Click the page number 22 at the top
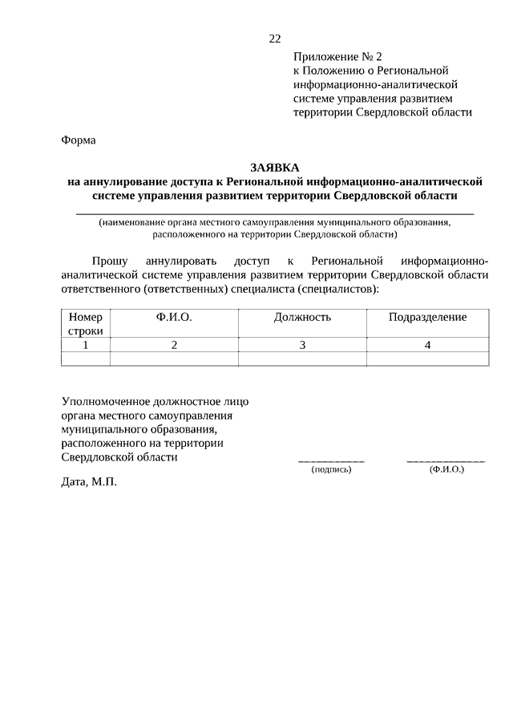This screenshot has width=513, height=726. point(275,38)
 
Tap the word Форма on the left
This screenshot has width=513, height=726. point(79,140)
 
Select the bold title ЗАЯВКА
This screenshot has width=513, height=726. point(274,168)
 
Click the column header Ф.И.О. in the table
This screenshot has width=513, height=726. point(174,317)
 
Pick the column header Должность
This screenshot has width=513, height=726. point(302,317)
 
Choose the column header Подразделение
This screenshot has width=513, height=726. point(427,317)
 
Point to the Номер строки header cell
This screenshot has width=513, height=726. point(86,323)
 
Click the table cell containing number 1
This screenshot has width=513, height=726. point(86,345)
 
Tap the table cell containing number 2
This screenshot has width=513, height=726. point(174,345)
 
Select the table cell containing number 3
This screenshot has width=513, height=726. point(302,345)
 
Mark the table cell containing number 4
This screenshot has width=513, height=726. point(427,345)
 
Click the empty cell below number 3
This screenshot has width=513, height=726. point(302,359)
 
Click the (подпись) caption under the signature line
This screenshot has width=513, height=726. point(331,468)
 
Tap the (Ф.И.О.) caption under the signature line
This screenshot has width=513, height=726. point(446,468)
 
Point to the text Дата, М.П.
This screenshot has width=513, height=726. point(89,483)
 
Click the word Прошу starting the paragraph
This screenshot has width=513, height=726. point(107,261)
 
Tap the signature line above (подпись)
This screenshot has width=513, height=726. point(331,461)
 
